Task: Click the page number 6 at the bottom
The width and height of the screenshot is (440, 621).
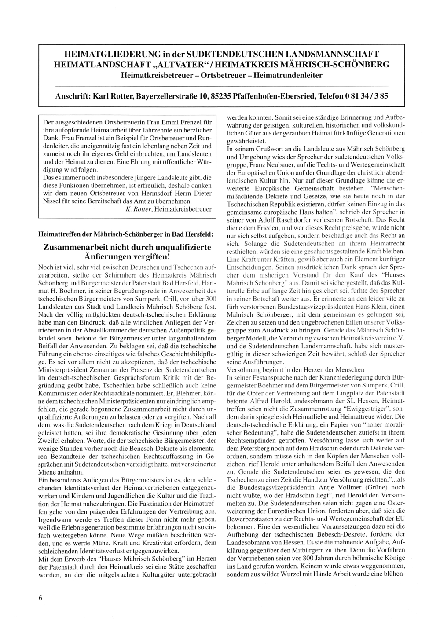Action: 40,598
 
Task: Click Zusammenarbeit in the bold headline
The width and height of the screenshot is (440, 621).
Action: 86,247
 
